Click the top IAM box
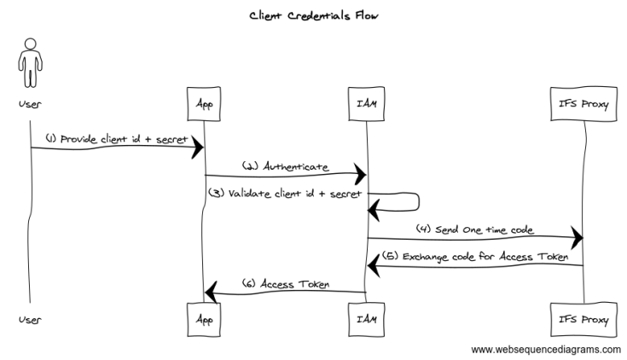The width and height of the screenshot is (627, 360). [x=367, y=104]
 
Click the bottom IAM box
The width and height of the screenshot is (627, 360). [x=367, y=320]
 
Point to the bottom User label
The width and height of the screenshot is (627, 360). [x=30, y=320]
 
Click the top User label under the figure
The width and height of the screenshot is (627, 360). [x=30, y=104]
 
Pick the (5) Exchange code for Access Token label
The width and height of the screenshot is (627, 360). [x=476, y=255]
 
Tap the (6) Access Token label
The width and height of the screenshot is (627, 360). [x=285, y=282]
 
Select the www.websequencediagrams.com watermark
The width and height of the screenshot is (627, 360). [x=546, y=349]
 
